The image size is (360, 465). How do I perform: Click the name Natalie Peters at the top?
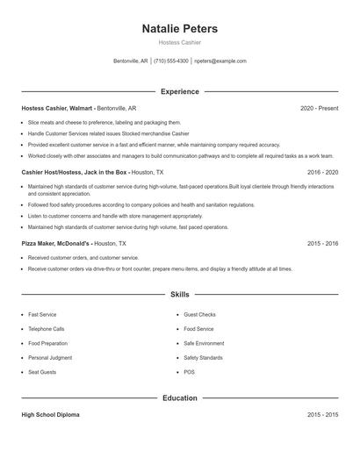(x=179, y=29)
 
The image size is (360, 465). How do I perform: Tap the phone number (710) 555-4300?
(x=171, y=61)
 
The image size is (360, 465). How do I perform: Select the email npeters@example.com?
(x=220, y=61)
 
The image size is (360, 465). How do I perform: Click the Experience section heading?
(x=179, y=91)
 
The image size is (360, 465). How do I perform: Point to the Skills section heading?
(x=179, y=295)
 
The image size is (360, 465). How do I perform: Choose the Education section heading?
(x=179, y=397)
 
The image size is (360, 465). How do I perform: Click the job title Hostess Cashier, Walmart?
(x=58, y=108)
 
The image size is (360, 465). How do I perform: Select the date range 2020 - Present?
(x=319, y=108)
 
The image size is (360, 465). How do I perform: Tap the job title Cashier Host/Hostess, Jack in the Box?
(x=75, y=173)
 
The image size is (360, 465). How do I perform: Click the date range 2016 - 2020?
(x=322, y=173)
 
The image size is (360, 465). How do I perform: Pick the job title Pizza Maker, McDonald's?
(x=56, y=243)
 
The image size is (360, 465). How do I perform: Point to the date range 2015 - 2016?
(x=322, y=243)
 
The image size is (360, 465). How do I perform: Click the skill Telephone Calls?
(x=46, y=329)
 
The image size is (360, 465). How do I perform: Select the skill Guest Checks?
(x=199, y=314)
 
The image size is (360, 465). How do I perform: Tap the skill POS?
(x=189, y=372)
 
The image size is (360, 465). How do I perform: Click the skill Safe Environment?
(x=204, y=343)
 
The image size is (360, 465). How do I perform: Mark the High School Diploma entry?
(x=50, y=414)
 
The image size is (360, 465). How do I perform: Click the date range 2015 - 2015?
(x=322, y=414)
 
